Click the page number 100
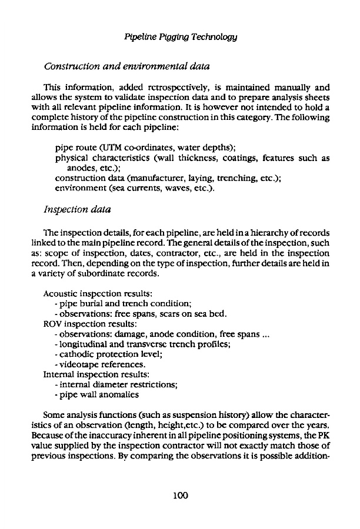pyautogui.click(x=179, y=495)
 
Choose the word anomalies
pyautogui.click(x=120, y=394)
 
